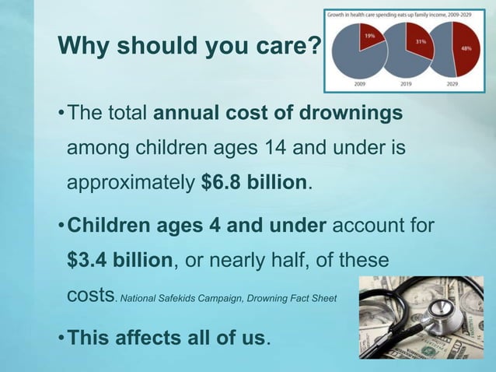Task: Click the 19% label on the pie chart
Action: (x=368, y=35)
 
